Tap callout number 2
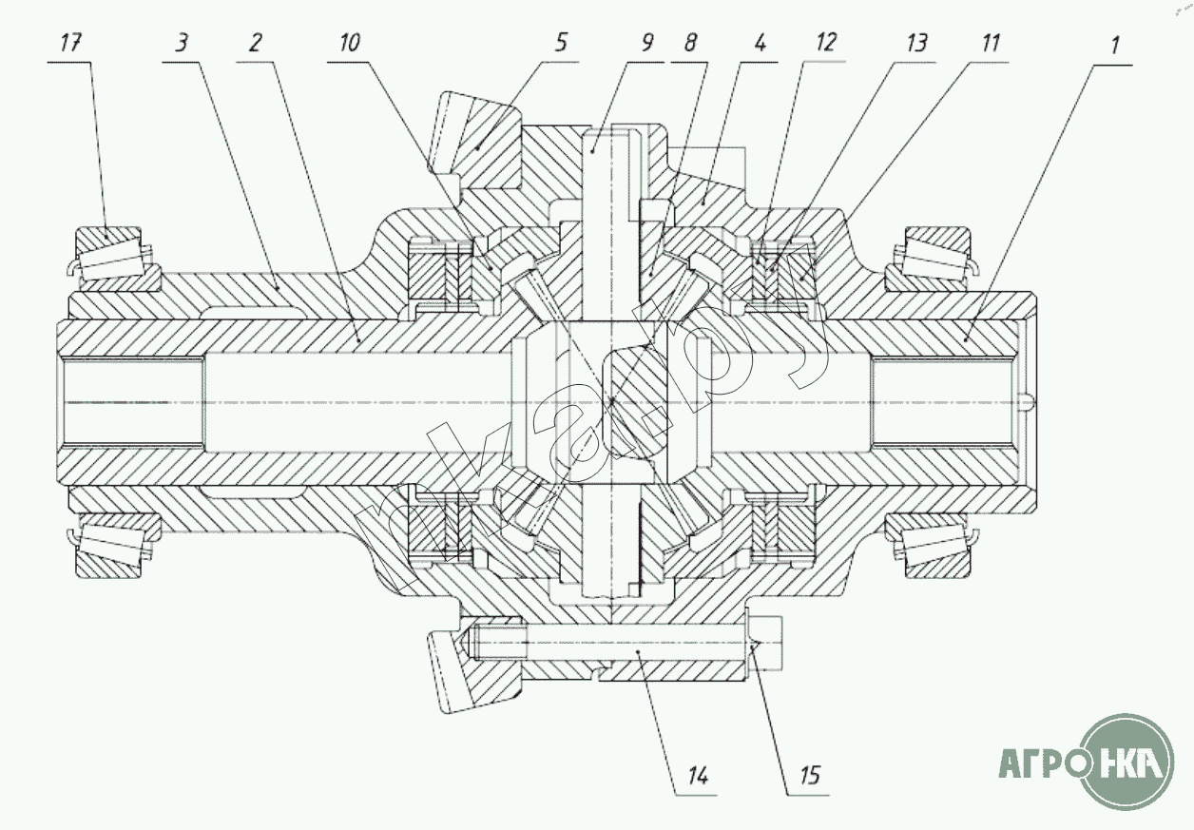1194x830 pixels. coord(254,43)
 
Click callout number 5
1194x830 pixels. coord(563,43)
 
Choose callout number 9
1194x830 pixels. coord(647,43)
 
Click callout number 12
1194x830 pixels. coord(825,43)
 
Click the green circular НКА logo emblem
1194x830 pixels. coord(1127,762)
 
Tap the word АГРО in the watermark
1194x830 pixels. coord(1041,762)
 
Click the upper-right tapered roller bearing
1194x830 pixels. coord(930,257)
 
